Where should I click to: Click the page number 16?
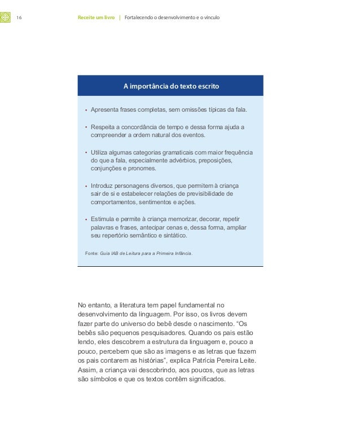pos(19,18)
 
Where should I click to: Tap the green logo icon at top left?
pos(5,18)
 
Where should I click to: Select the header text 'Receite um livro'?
pos(96,18)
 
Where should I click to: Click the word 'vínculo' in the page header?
pos(210,18)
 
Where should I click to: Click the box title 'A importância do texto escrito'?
pos(171,87)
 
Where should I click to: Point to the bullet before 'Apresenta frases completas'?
pos(86,109)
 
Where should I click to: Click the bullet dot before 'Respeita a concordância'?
pos(86,128)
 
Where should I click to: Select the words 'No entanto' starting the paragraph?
pos(94,305)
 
